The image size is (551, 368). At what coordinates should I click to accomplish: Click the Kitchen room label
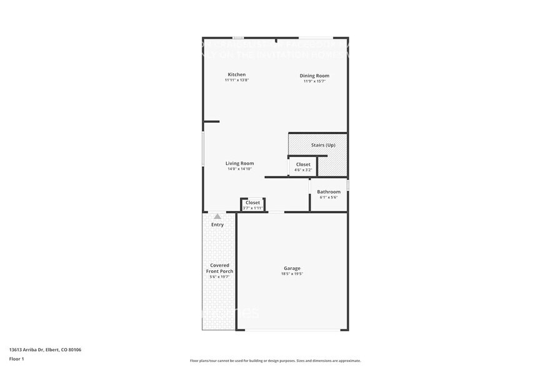[236, 74]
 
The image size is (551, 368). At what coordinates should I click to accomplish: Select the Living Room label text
[239, 163]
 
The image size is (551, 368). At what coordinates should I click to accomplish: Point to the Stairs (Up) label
[323, 145]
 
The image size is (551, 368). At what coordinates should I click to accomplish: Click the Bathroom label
[329, 192]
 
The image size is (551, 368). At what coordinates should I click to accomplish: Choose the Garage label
[292, 268]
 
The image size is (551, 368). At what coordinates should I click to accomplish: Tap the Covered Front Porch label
[219, 268]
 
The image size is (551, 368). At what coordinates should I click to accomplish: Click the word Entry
[217, 225]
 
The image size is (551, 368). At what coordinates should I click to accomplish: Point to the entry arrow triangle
[217, 216]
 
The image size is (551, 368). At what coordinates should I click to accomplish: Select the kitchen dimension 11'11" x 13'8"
[237, 80]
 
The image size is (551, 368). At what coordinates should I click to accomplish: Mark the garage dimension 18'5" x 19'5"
[292, 273]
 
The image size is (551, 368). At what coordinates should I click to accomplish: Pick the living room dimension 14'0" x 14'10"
[239, 169]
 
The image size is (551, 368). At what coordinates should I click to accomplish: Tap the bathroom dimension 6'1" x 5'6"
[329, 197]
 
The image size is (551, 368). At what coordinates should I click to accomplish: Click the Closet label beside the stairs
[303, 165]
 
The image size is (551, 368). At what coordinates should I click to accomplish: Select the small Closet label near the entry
[253, 203]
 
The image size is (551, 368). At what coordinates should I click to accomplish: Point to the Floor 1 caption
[16, 359]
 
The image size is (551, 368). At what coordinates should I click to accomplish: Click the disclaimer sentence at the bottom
[275, 360]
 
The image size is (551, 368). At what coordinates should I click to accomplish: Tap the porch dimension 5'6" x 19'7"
[219, 277]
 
